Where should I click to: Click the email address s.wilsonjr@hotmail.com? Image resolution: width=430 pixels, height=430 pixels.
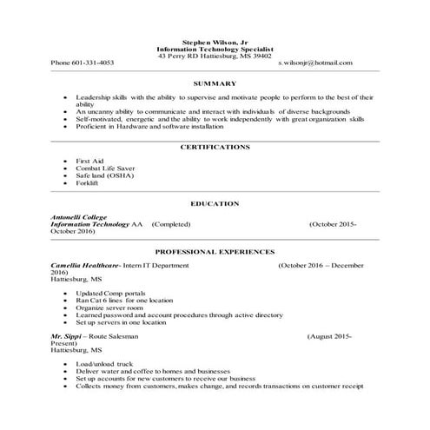315,63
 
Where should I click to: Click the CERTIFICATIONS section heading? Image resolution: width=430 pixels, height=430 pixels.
215,148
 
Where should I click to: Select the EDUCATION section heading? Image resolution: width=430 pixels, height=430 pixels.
215,203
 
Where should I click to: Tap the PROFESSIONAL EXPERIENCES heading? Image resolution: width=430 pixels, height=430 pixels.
215,250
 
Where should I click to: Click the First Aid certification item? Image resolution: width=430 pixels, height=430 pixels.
89,162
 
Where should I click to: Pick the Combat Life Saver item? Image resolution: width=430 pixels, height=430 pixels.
103,169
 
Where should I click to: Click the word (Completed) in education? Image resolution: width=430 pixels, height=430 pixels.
170,224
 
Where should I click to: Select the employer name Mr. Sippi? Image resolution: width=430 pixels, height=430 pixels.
67,335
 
